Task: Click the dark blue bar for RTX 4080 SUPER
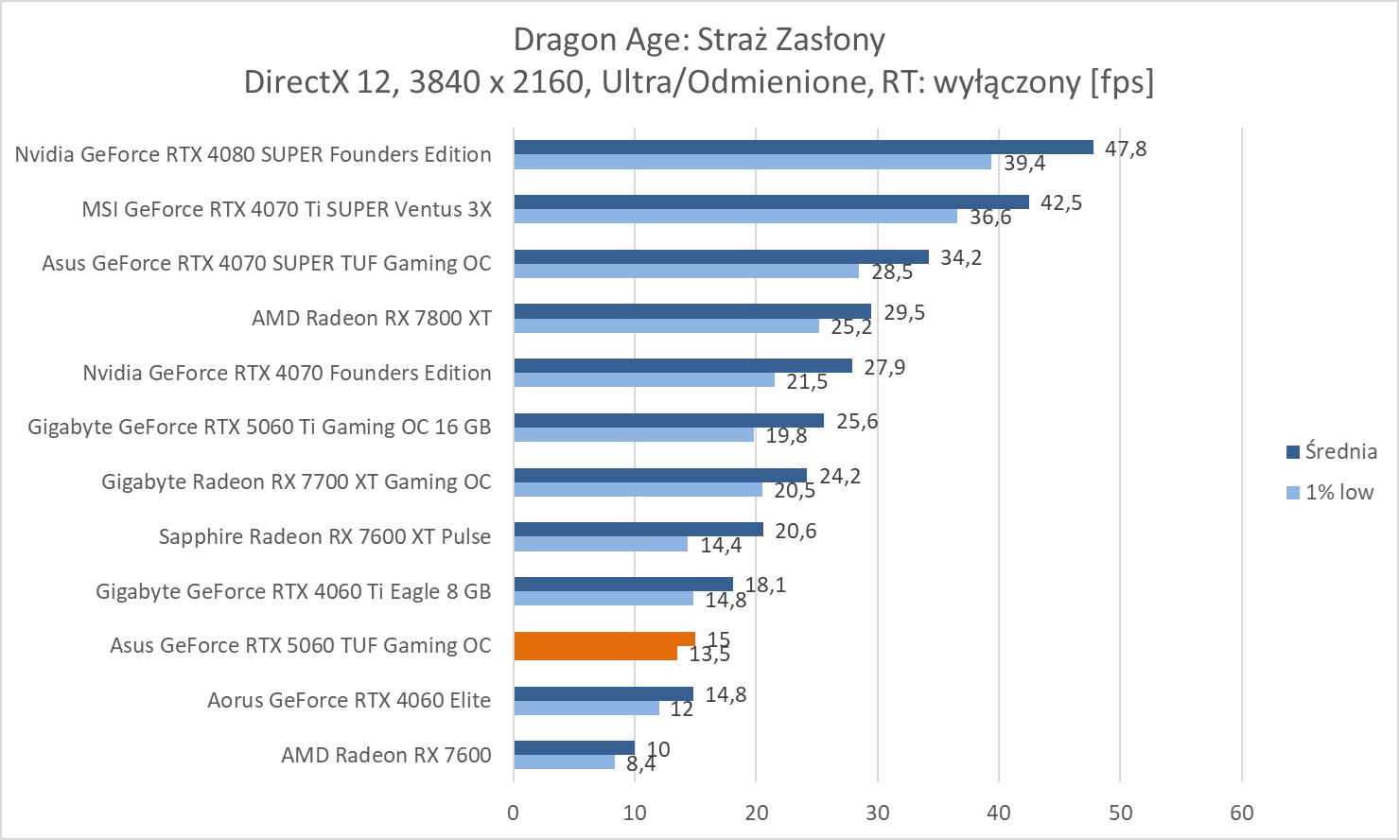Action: tap(803, 148)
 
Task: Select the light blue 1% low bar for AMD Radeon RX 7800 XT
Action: tap(666, 326)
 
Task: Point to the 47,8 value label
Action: tap(1125, 149)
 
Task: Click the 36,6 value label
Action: tap(989, 218)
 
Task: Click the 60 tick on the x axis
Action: tap(1241, 813)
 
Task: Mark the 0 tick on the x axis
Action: tap(514, 813)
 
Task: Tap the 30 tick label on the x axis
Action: tap(877, 813)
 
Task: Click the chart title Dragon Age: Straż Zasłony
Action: tap(699, 40)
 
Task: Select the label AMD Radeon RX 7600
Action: tap(386, 755)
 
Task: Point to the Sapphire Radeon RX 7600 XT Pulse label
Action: tap(324, 536)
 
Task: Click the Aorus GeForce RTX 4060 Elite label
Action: tap(349, 700)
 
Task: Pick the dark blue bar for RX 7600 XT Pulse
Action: tap(638, 530)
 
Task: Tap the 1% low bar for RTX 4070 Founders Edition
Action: tap(643, 380)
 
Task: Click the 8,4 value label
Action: tap(640, 764)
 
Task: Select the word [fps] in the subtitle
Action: tap(1122, 82)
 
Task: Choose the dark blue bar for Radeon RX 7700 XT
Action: tap(659, 475)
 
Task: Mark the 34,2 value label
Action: tap(960, 257)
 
